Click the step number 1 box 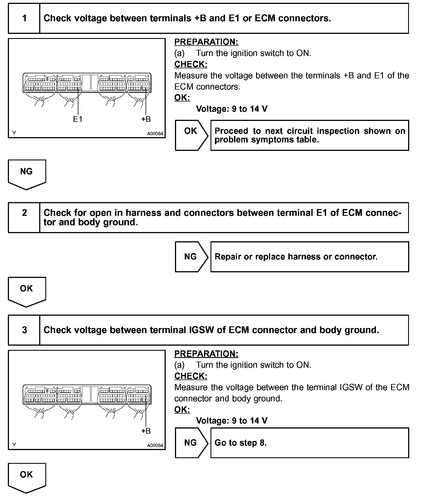(x=24, y=18)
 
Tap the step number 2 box (x=24, y=217)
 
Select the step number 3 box (x=24, y=330)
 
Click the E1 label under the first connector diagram (x=78, y=119)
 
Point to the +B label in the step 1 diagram (x=146, y=119)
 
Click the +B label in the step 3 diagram (x=146, y=431)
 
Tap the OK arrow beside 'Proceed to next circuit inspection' (x=191, y=135)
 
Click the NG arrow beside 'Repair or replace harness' (x=191, y=257)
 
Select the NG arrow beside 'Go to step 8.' (x=191, y=443)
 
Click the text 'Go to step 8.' (x=240, y=443)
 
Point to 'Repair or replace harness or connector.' (x=296, y=257)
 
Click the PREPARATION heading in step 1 (x=206, y=42)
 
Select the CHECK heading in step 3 (x=191, y=376)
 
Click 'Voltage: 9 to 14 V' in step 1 (x=231, y=109)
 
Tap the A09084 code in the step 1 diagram (x=155, y=134)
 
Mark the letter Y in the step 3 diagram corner (x=14, y=445)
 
